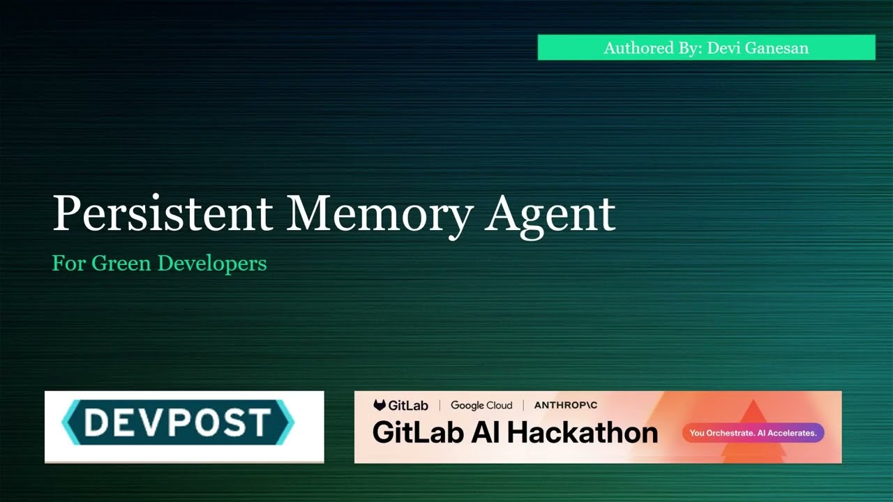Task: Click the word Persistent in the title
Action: (162, 213)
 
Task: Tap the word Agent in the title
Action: (550, 215)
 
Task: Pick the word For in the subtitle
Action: (68, 264)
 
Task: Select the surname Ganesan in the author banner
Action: (777, 48)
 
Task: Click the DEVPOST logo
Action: (179, 423)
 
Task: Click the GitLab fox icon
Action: (380, 405)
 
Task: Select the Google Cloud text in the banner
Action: (481, 405)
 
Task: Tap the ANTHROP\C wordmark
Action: (566, 405)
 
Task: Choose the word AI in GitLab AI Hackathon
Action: (486, 432)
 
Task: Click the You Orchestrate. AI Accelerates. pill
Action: (753, 433)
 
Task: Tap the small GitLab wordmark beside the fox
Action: (408, 405)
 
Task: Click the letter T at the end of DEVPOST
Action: (260, 423)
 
